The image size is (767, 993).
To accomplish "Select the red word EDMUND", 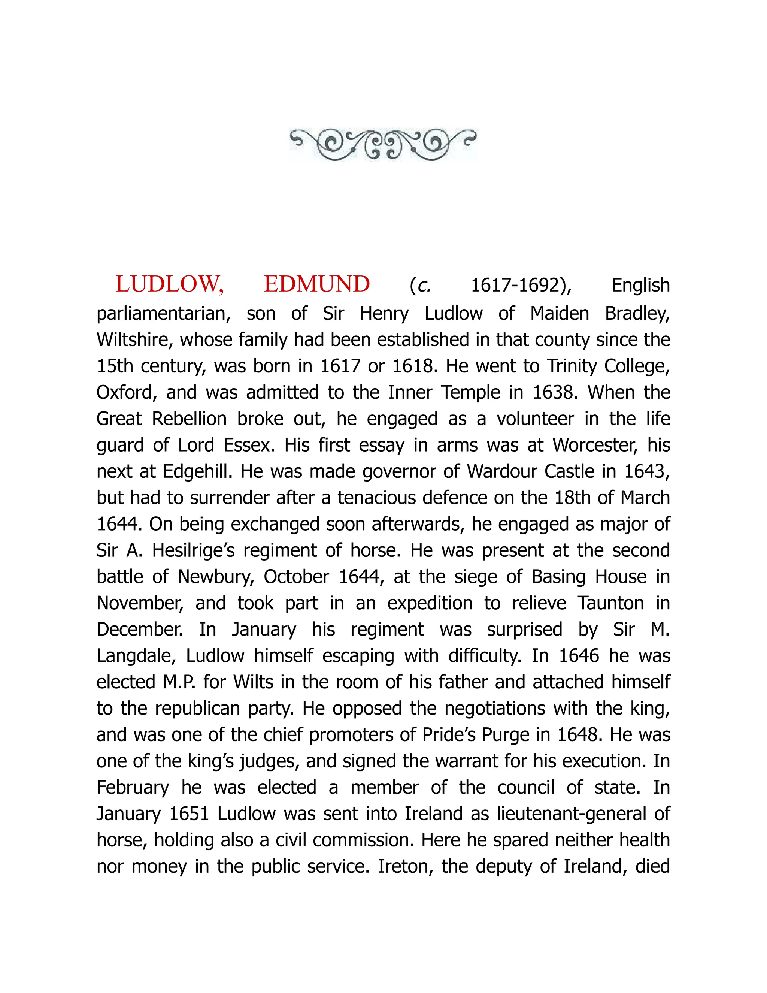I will coord(317,285).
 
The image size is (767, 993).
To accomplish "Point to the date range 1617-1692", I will coord(521,286).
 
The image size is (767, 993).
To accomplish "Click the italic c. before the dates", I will coord(424,286).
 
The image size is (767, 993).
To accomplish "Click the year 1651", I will coord(189,814).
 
